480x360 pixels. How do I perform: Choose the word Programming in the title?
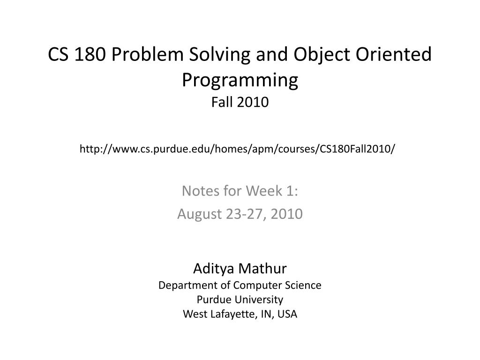coord(240,81)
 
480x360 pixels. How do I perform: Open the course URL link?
coord(237,149)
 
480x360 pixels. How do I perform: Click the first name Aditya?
coord(210,269)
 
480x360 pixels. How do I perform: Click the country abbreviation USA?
coord(287,314)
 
